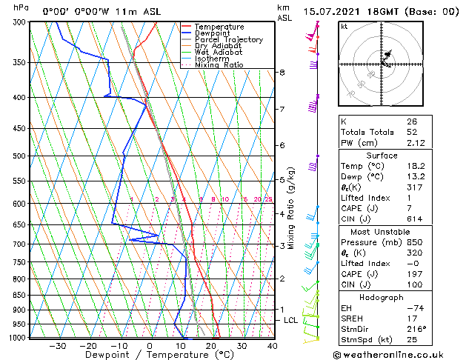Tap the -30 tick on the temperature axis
tap(57, 346)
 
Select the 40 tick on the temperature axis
tap(272, 346)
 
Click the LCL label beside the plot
tap(291, 320)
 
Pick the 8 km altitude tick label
tap(282, 72)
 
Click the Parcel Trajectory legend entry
tap(228, 40)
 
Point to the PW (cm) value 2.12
tap(416, 143)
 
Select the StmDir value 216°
tap(416, 328)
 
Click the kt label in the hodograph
tap(344, 27)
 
